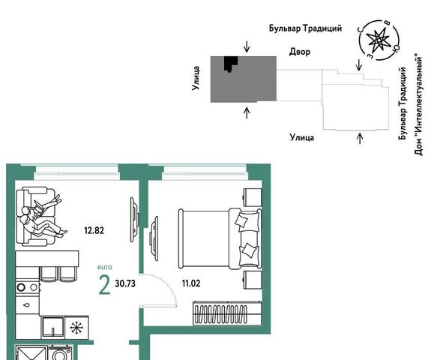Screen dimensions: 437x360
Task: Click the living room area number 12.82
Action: [94, 230]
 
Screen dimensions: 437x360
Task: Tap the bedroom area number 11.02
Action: [191, 283]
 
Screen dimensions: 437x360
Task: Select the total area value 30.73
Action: [125, 283]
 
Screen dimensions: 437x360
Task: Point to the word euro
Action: [105, 267]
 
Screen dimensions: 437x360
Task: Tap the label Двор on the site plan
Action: [300, 52]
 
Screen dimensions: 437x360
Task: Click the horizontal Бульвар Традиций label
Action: [305, 28]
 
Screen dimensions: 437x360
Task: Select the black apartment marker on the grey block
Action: [231, 64]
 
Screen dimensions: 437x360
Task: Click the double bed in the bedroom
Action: [220, 238]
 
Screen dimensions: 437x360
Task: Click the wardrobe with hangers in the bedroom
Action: [227, 313]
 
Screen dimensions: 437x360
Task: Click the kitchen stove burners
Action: [27, 287]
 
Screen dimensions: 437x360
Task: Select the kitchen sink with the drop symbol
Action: [27, 304]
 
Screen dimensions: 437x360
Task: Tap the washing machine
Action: [59, 352]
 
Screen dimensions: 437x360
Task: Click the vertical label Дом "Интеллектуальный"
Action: [418, 104]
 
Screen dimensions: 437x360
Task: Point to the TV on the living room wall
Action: [134, 220]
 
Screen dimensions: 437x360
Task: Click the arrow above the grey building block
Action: [247, 46]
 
